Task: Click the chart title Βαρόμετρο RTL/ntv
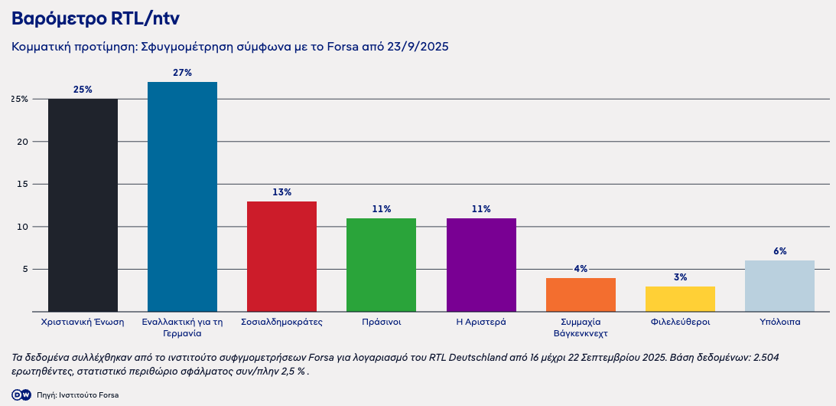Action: tap(96, 18)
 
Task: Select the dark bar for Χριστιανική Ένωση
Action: tap(83, 205)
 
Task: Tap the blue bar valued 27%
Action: tap(182, 197)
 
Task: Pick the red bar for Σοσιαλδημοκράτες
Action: tap(281, 257)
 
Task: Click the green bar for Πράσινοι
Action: tap(381, 265)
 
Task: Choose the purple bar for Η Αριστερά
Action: tap(481, 265)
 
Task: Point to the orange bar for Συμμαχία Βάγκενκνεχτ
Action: tap(581, 295)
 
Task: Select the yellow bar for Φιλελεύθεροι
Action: tap(680, 299)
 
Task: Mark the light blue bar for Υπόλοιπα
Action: tap(779, 286)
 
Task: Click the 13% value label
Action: tap(281, 192)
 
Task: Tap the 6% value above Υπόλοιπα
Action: tap(779, 251)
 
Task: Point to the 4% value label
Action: tap(581, 269)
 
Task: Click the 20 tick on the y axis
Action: tap(22, 142)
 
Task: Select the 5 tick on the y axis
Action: tap(24, 270)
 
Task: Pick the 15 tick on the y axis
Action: tap(22, 185)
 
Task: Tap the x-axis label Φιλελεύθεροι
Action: tap(680, 323)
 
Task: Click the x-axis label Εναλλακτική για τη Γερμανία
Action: tap(182, 328)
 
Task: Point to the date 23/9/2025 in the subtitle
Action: tap(418, 47)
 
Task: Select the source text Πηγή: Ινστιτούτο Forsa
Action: tap(77, 395)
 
